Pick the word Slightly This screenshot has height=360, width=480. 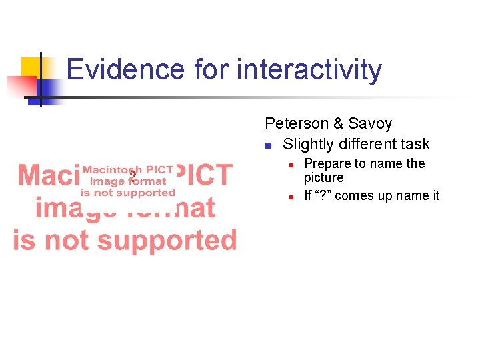click(306, 144)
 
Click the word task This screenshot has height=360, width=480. click(416, 144)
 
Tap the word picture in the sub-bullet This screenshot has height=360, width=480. click(324, 177)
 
